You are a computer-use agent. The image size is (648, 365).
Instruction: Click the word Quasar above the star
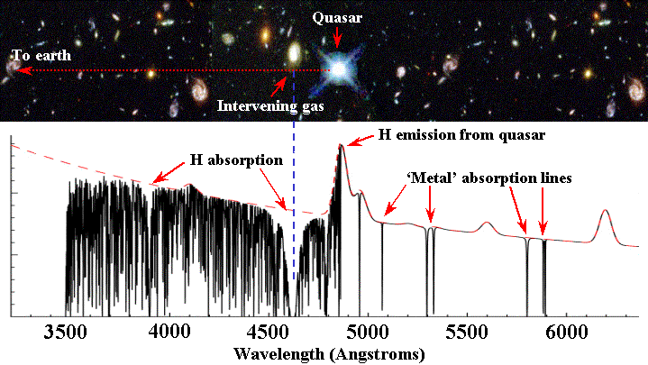[x=335, y=17]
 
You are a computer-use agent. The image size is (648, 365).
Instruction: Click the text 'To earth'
[x=40, y=55]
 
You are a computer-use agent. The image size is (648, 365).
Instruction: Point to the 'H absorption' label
[x=236, y=160]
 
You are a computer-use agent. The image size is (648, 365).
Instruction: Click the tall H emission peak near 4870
[x=341, y=147]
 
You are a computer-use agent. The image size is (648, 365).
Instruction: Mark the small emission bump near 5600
[x=488, y=224]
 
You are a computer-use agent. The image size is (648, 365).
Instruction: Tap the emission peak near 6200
[x=603, y=213]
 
